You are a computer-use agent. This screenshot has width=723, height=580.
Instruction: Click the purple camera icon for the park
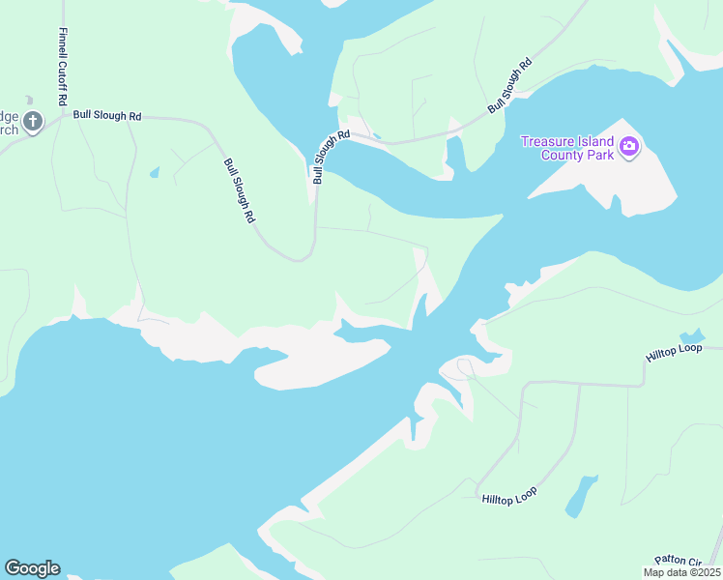pos(629,147)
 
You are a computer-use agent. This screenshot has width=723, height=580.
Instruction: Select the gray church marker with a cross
pos(33,122)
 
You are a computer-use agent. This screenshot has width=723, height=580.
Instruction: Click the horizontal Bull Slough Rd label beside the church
pos(107,116)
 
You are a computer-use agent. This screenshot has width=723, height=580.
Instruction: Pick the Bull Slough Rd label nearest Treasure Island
pos(511,87)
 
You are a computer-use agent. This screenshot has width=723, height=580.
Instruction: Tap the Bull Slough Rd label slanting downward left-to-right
pos(239,191)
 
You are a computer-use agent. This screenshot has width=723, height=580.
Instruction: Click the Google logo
pos(32,568)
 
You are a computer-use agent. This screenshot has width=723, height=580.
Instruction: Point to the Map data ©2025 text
pos(680,572)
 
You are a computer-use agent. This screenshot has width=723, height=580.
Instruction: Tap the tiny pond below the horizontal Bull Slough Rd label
pos(154,174)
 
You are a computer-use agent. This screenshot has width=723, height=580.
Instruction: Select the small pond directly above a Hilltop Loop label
pos(693,335)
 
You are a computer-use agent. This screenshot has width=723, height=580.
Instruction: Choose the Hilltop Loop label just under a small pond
pos(674,354)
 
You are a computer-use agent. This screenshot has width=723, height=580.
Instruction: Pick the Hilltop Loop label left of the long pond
pos(509,495)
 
